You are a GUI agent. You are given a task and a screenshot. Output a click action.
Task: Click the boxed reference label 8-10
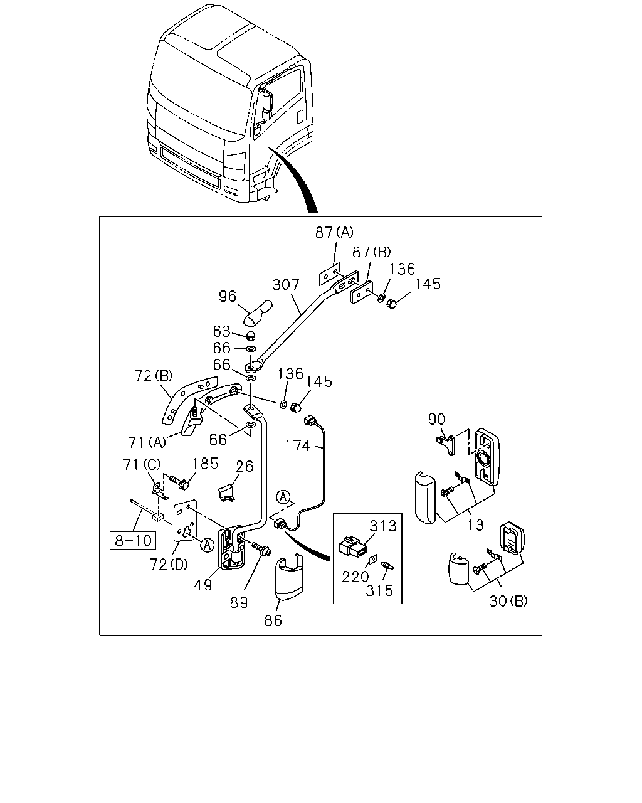pyautogui.click(x=133, y=540)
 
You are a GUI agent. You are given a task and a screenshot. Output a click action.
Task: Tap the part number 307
pyautogui.click(x=286, y=284)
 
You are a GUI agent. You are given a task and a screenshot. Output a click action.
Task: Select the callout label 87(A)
pyautogui.click(x=334, y=233)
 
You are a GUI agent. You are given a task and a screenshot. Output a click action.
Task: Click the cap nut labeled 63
pyautogui.click(x=251, y=335)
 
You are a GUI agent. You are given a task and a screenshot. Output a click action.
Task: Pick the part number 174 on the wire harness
pyautogui.click(x=297, y=445)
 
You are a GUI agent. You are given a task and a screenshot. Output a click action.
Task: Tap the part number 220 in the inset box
pyautogui.click(x=355, y=577)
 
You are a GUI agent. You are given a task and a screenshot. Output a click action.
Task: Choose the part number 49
pyautogui.click(x=203, y=585)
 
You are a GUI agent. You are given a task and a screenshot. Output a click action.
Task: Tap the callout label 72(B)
pyautogui.click(x=154, y=376)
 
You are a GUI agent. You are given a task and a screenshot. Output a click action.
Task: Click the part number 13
pyautogui.click(x=476, y=525)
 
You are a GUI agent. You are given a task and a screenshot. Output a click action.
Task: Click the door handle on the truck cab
pyautogui.click(x=300, y=117)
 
